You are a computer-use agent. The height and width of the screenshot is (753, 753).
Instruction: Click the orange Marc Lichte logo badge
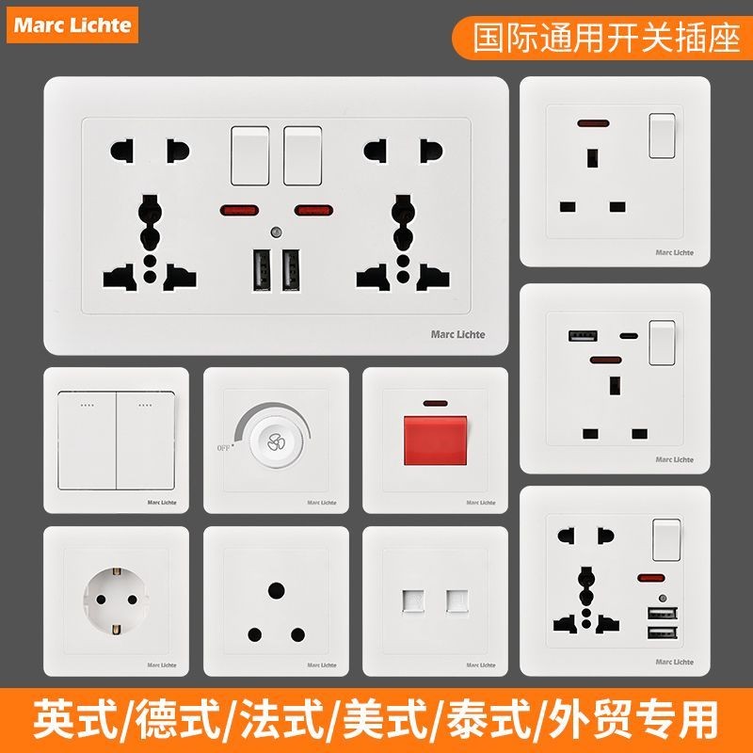(x=72, y=24)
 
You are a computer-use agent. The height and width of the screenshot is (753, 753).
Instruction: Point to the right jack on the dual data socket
(x=457, y=600)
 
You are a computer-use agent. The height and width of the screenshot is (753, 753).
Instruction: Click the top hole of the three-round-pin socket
(x=276, y=589)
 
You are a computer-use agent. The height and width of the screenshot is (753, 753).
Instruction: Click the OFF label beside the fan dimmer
(x=224, y=448)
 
